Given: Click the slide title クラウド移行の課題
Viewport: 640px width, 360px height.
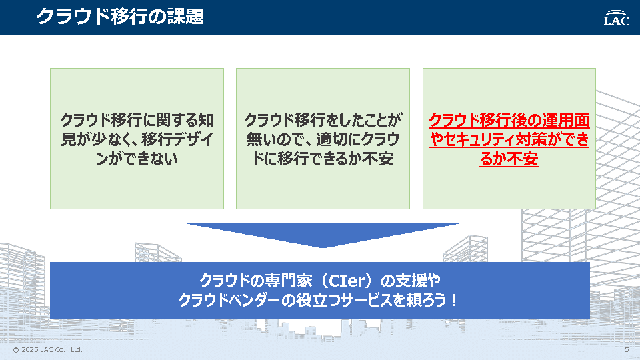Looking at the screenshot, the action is click(x=120, y=17).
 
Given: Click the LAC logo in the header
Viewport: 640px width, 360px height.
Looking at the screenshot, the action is click(x=616, y=17).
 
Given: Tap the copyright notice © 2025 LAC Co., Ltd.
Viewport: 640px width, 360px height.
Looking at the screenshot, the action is click(x=48, y=350).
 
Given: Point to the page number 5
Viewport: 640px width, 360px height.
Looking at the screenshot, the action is click(x=627, y=350).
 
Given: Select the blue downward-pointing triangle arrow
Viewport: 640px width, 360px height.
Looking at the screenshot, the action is click(x=323, y=235).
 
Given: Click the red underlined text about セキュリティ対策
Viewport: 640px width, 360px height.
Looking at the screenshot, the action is click(x=509, y=139).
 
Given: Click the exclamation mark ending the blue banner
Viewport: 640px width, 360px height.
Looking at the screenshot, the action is click(x=454, y=301).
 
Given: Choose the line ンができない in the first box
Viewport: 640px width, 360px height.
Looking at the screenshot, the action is click(x=137, y=159).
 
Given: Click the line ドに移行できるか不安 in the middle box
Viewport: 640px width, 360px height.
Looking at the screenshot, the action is click(x=323, y=159).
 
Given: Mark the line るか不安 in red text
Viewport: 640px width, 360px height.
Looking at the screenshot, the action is click(x=509, y=159).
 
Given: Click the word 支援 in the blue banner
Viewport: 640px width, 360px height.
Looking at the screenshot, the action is click(x=412, y=281).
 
